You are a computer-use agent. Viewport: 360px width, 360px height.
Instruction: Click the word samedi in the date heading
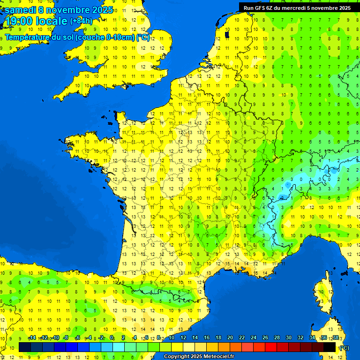coord(20,10)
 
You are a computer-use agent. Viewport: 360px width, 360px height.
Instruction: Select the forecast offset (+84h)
coord(81,21)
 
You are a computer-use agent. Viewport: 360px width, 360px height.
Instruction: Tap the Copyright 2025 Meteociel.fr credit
coord(199,356)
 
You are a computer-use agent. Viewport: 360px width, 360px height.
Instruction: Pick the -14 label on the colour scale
coord(32,338)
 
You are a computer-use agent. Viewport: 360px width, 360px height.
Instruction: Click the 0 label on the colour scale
coord(112,338)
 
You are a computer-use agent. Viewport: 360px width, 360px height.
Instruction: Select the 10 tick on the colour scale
coord(172,338)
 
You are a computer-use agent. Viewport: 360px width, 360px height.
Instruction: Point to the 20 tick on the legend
coord(230,338)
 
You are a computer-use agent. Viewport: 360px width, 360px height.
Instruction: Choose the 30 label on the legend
coord(289,338)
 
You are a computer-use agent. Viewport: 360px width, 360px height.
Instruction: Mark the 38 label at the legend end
coord(336,338)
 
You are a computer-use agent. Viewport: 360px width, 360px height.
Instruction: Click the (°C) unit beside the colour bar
coord(345,347)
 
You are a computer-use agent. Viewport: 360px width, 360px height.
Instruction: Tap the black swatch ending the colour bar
coord(330,347)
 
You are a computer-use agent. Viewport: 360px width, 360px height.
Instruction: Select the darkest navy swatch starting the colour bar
coord(25,347)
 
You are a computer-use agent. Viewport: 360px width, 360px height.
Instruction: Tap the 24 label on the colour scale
coord(254,338)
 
